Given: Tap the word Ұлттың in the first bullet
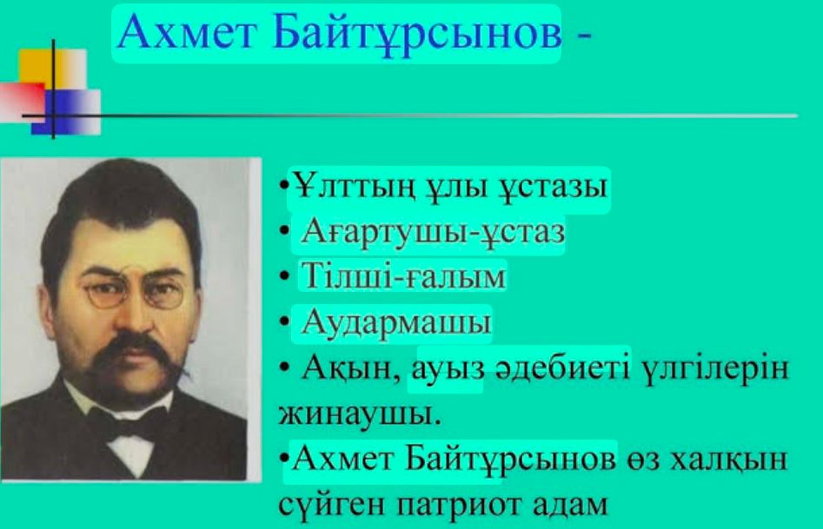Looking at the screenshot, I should point(342,188).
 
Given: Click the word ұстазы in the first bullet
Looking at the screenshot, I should point(549,188).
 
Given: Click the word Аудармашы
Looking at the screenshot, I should point(396,323).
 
